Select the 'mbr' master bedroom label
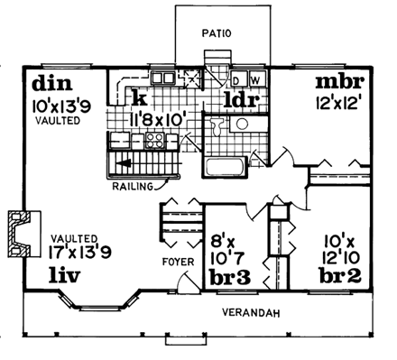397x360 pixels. [338, 83]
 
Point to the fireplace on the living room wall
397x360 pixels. [21, 231]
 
